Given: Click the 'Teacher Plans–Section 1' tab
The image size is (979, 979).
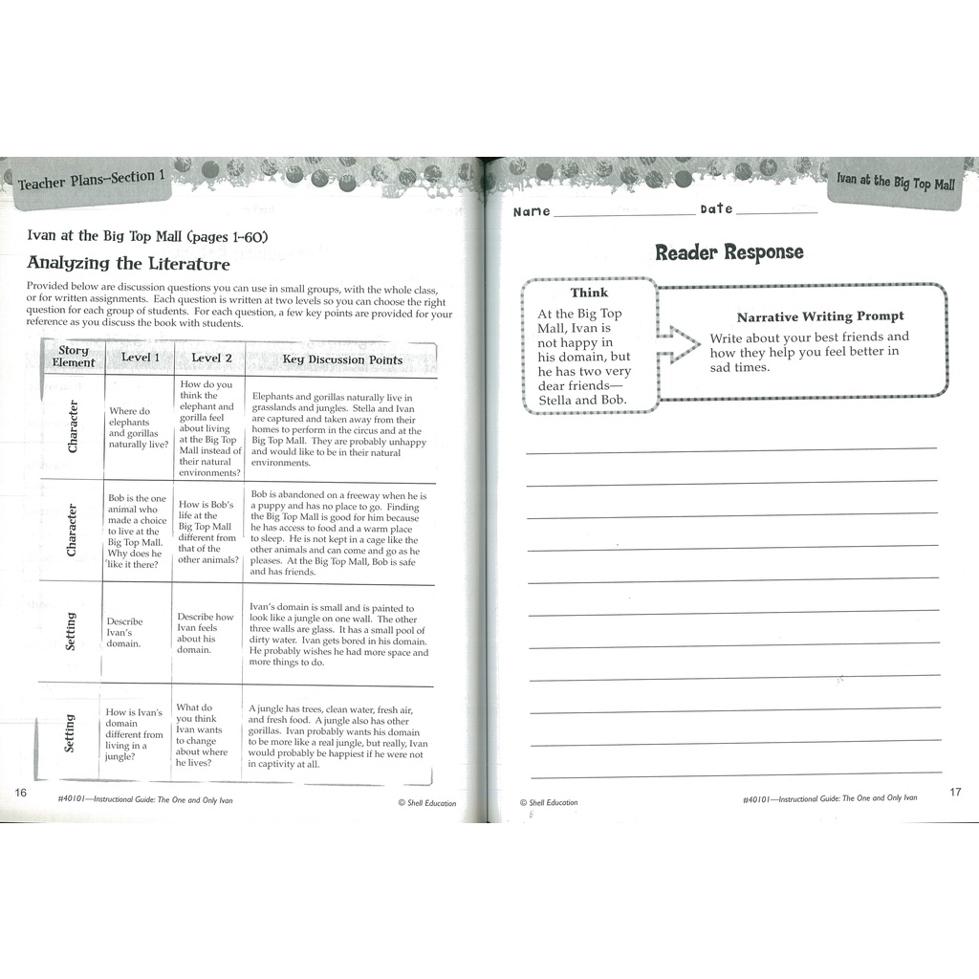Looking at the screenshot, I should point(92,179).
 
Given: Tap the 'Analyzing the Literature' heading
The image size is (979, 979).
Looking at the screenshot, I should point(128,263).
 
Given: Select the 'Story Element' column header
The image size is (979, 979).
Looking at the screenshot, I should point(74,358).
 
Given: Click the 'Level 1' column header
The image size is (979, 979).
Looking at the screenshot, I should point(141,358).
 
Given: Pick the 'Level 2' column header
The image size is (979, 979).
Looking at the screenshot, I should point(211,359).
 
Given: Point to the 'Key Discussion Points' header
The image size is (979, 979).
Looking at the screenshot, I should point(341,359).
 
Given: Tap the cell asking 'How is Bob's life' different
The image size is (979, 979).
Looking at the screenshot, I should point(207,532).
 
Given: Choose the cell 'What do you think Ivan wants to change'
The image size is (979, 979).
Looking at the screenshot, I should point(202,735).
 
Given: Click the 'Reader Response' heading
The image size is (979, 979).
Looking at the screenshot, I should point(729,252).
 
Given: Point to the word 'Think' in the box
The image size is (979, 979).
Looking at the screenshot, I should point(589,293).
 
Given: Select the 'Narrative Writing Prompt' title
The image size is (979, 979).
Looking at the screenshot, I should point(819,316).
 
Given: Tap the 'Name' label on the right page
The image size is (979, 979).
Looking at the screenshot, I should point(532,211).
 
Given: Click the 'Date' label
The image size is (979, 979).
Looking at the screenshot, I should point(716,209).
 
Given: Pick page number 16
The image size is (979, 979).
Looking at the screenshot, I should point(21,793).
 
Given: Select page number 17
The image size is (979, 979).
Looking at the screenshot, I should point(954,793).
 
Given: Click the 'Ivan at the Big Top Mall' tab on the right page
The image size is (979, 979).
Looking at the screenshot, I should point(895,182).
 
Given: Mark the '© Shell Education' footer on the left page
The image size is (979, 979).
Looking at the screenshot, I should point(426,803).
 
